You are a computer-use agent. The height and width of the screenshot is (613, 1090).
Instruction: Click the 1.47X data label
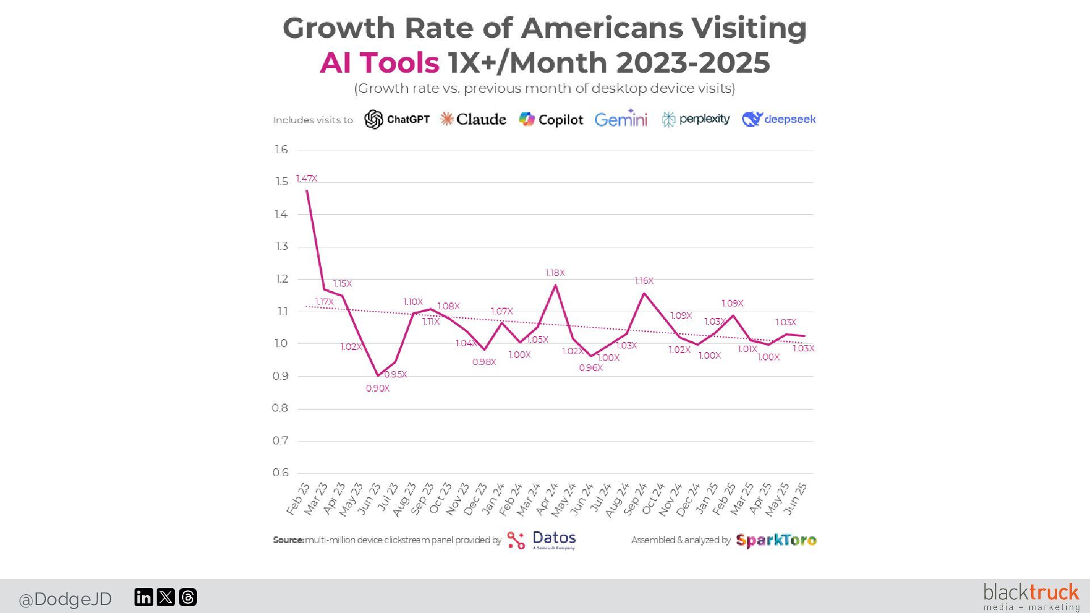tap(307, 178)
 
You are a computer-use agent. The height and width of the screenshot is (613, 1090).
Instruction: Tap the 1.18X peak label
tap(555, 273)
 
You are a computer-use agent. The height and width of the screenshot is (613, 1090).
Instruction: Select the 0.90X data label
tap(378, 388)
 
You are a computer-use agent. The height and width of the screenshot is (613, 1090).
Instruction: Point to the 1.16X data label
tap(644, 281)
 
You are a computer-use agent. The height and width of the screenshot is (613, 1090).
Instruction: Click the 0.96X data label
tap(591, 368)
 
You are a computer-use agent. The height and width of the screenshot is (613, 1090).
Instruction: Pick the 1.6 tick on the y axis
tap(282, 150)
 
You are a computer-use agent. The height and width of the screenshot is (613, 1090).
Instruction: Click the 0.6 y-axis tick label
tap(280, 473)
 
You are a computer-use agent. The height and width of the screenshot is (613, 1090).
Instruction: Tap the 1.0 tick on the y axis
tap(281, 343)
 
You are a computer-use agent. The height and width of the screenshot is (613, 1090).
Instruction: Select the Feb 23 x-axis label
tap(298, 499)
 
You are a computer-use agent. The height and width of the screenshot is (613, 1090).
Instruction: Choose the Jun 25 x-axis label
tap(795, 499)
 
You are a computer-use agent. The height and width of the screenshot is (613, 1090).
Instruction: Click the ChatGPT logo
tap(397, 119)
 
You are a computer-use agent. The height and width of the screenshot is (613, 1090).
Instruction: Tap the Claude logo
tap(473, 119)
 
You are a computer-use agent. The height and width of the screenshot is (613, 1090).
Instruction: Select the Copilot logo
tap(551, 119)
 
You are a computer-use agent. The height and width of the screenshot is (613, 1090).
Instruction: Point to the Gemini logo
tap(621, 119)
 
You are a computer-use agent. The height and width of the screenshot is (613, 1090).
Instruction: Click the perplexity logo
tap(696, 119)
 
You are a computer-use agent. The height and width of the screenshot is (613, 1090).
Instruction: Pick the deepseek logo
tap(779, 119)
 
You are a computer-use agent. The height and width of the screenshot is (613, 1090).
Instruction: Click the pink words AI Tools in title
tap(380, 62)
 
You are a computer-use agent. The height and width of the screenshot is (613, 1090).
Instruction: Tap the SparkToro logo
tap(776, 540)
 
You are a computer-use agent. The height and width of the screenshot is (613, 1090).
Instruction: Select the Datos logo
tap(542, 540)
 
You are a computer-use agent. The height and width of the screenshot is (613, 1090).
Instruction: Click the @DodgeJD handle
tap(65, 599)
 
